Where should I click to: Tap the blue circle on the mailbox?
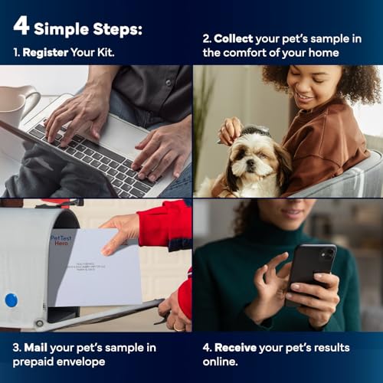pyautogui.click(x=11, y=300)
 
